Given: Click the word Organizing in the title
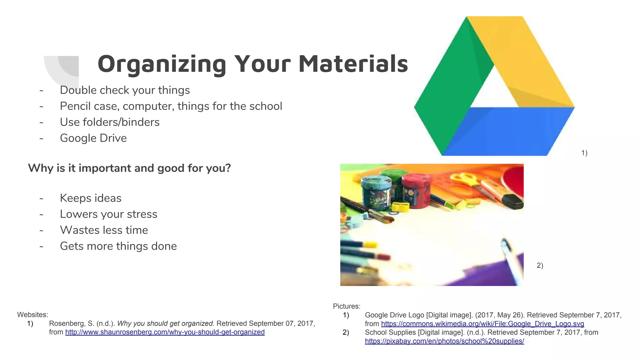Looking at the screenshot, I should coord(162,64).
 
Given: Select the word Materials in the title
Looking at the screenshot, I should coord(353,64).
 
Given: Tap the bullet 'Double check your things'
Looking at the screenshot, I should coord(125,90).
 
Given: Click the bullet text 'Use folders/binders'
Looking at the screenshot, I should coord(110,122).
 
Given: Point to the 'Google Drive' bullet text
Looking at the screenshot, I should coord(93,138).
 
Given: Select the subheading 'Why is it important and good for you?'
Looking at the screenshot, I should coord(129,168).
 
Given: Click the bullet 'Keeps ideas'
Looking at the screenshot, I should coord(91,198).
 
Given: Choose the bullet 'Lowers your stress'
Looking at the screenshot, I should coord(108,214).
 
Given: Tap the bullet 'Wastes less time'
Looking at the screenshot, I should coord(104,230).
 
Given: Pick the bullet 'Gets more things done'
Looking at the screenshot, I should coord(118,246).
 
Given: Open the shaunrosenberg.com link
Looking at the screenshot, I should coord(165,332).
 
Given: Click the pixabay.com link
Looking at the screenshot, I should coord(444,341).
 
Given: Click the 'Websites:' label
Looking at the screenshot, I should coord(32,315).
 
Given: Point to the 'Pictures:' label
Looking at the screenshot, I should coord(347,306).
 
